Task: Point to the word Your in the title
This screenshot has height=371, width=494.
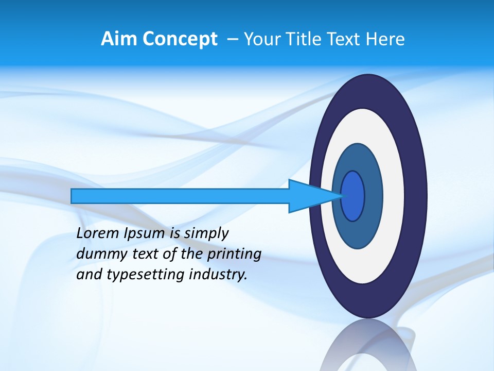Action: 261,39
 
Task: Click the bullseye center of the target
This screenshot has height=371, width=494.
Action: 352,196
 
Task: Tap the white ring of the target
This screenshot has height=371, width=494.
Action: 394,196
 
